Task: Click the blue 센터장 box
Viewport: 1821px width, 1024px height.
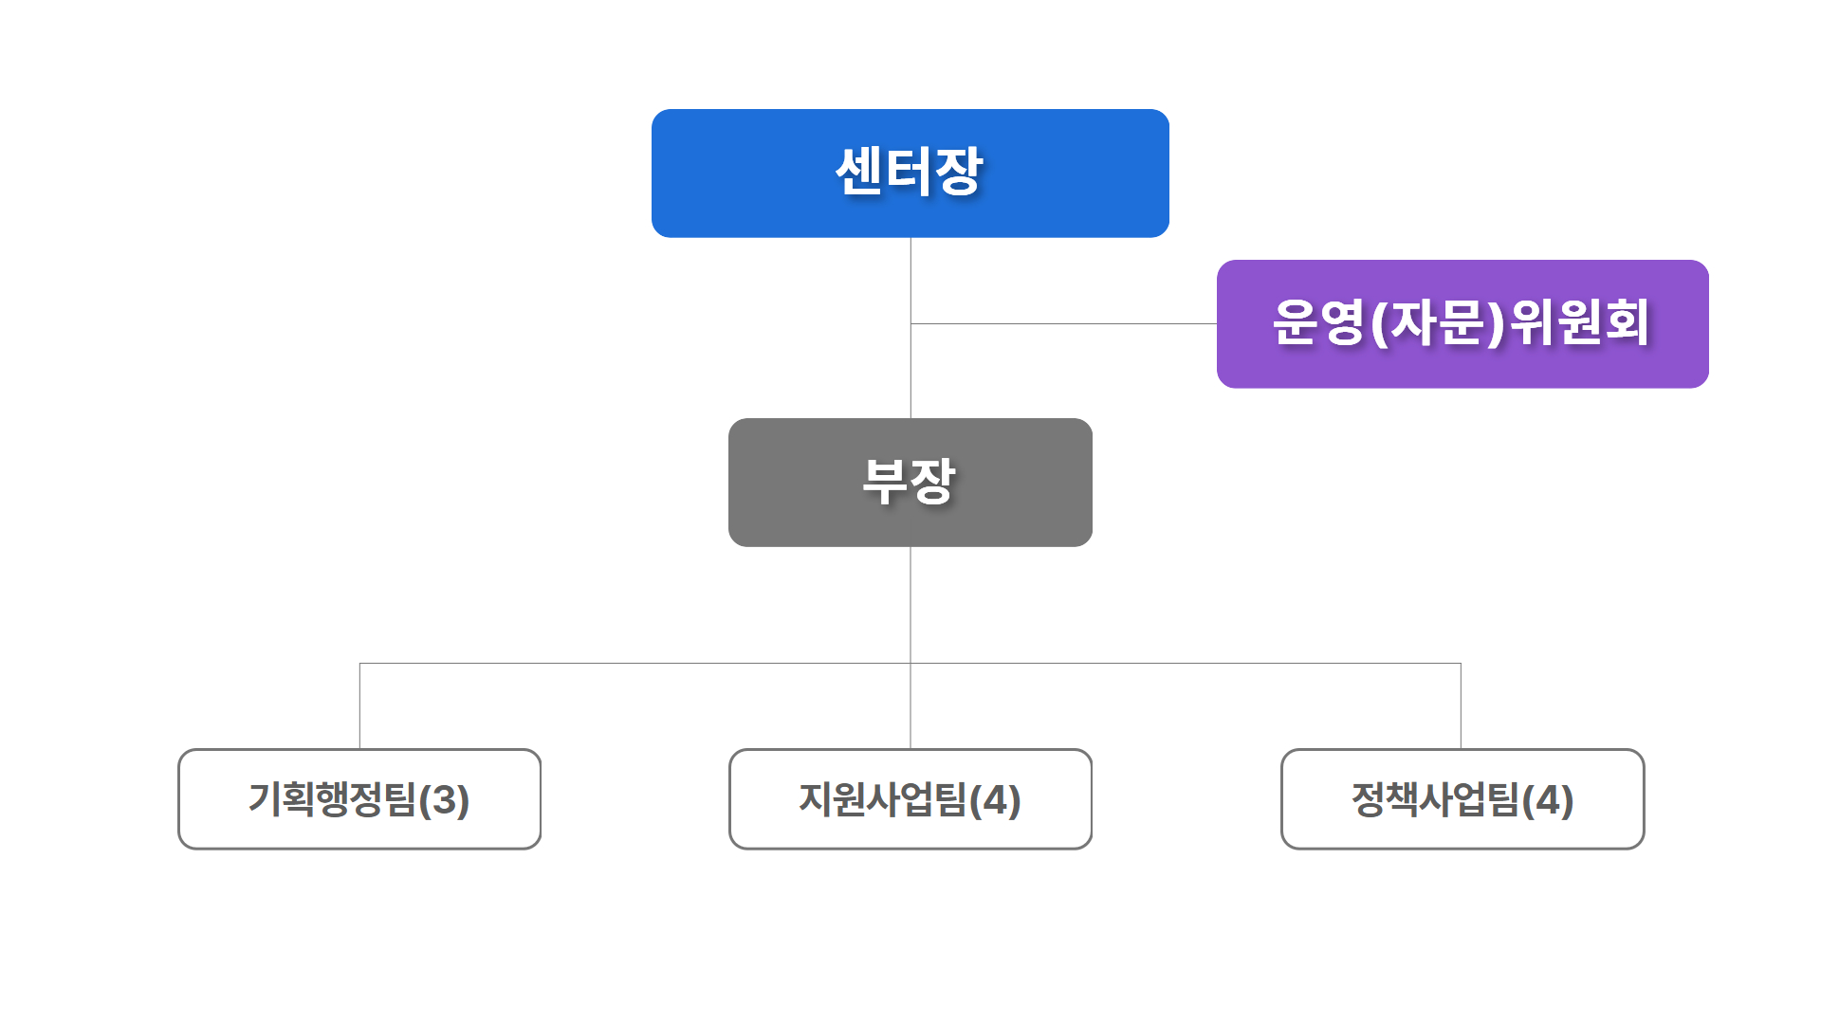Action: point(910,173)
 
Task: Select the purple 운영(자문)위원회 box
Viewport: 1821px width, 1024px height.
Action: point(1462,323)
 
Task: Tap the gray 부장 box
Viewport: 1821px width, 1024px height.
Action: point(910,482)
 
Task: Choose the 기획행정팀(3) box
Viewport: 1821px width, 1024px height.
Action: point(359,798)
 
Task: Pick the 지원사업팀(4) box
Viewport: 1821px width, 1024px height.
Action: point(910,798)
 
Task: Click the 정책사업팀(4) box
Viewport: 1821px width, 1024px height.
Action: point(1462,798)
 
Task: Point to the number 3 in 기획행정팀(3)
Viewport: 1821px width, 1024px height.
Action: point(444,800)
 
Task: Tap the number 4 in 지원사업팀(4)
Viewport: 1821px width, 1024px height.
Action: point(995,800)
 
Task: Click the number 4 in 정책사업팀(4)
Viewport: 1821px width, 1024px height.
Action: point(1548,800)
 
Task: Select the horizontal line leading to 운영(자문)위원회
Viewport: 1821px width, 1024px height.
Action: point(1062,323)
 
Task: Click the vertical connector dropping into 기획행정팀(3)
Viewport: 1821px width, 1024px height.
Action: point(359,706)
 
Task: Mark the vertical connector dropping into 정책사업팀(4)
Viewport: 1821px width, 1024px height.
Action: point(1461,706)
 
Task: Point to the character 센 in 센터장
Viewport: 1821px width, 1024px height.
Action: point(858,172)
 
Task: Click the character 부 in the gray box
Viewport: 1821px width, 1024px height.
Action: point(886,482)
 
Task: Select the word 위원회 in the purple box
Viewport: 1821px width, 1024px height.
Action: point(1579,322)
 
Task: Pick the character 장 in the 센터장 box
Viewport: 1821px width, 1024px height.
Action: point(959,172)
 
